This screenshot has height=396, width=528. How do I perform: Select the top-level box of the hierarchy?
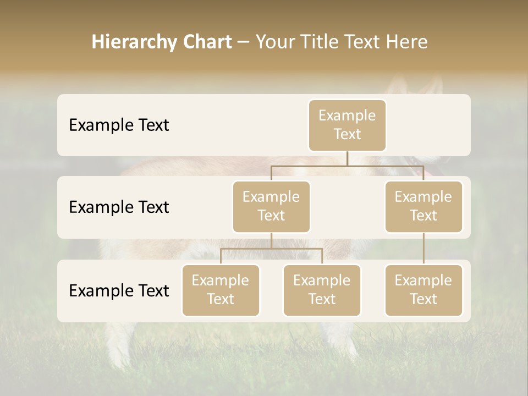[347, 125]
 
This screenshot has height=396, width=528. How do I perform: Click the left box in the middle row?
[271, 207]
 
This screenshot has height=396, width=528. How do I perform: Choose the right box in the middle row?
[424, 207]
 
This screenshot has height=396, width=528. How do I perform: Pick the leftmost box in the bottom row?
[221, 290]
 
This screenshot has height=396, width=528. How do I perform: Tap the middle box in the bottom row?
[322, 290]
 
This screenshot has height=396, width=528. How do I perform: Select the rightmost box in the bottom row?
[424, 290]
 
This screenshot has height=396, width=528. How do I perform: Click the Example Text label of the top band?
[119, 125]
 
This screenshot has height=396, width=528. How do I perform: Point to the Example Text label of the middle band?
[119, 207]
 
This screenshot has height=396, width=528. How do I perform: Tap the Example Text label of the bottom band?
[119, 290]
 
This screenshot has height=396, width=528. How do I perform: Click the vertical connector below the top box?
[347, 158]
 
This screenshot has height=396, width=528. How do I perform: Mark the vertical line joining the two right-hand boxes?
[424, 249]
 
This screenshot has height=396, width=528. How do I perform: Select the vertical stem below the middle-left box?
[271, 241]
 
